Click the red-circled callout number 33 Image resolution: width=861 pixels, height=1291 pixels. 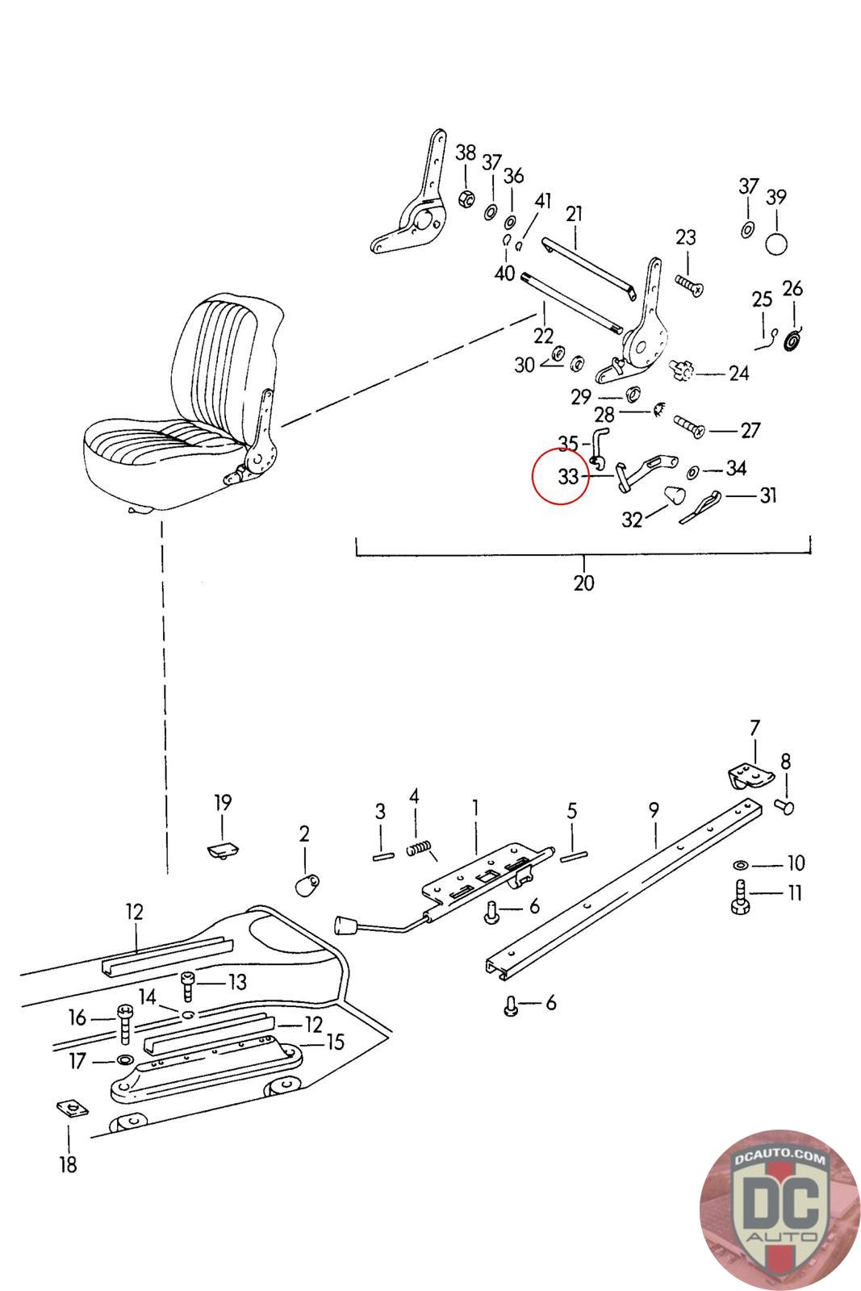coord(568,477)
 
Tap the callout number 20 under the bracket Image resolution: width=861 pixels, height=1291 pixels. coord(583,583)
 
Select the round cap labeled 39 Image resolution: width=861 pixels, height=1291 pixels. coord(776,244)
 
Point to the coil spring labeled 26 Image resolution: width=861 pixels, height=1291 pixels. coord(794,341)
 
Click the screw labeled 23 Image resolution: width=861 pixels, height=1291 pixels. coord(689,286)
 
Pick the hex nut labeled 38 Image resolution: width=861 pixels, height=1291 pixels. coord(466,198)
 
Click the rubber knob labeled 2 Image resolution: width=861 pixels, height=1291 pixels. coord(307,885)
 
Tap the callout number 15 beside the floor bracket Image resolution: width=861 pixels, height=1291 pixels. coord(335,1042)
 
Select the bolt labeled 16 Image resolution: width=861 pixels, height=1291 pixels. coord(125,1025)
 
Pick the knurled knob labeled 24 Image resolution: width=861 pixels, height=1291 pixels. coord(681,370)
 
